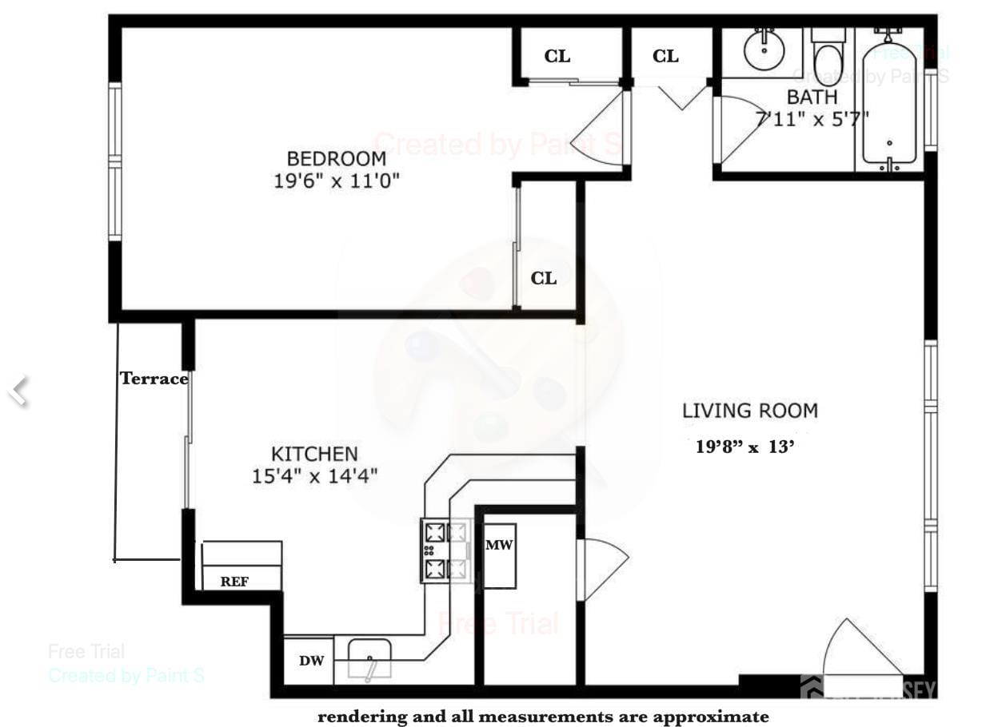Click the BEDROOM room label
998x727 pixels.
point(336,158)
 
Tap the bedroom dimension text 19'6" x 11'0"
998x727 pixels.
point(336,181)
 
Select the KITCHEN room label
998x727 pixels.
point(314,454)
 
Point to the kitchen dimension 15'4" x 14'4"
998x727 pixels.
point(314,477)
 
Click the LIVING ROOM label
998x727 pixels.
point(749,411)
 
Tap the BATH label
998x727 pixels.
point(812,97)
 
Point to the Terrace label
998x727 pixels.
point(154,379)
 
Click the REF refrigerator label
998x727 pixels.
point(234,582)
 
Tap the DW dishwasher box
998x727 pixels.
point(311,661)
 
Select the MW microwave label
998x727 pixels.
point(499,545)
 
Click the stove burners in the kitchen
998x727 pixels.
point(446,550)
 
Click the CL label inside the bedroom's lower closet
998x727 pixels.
point(544,278)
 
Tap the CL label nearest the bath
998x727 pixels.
point(665,56)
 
